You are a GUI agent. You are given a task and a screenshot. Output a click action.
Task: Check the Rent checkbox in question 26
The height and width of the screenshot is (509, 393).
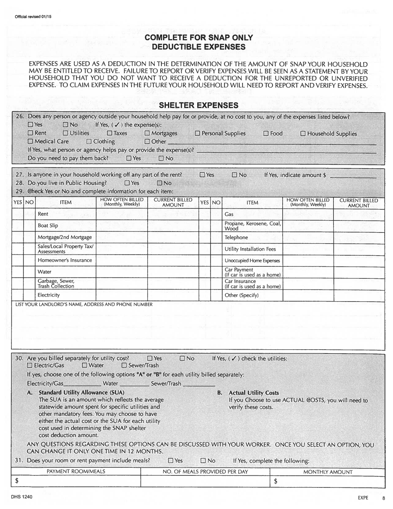(30, 133)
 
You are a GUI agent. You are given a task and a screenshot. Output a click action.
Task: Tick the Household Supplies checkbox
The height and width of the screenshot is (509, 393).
(303, 134)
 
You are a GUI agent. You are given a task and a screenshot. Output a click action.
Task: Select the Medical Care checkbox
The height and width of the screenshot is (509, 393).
(30, 142)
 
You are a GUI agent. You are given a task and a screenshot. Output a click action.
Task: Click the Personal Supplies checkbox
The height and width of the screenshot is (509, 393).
(197, 133)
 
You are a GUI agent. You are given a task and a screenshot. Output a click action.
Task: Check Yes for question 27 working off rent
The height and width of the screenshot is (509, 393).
(202, 175)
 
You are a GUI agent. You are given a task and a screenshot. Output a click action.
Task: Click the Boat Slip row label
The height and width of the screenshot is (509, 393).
(48, 226)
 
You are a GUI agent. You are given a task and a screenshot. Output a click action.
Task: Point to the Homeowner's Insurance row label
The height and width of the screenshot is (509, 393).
(65, 260)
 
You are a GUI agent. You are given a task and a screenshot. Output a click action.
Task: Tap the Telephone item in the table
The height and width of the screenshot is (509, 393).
(236, 238)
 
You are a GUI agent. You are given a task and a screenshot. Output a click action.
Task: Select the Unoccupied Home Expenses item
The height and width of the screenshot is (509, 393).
(252, 261)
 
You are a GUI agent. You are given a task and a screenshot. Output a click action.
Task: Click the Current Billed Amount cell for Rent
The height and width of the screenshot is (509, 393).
(173, 214)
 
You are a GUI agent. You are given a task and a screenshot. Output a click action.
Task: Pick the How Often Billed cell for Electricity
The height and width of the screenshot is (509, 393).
(122, 295)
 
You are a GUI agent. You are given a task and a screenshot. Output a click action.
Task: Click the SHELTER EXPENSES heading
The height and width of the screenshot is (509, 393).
(199, 105)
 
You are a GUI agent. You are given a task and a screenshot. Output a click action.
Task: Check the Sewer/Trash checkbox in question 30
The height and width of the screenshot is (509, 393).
(124, 365)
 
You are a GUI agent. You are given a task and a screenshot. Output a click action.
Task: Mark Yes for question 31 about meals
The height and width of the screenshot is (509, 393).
(170, 461)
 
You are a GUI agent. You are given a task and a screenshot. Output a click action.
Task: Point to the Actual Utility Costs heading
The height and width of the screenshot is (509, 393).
(254, 393)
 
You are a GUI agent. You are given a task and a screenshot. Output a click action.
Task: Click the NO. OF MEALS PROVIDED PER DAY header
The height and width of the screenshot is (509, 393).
(205, 472)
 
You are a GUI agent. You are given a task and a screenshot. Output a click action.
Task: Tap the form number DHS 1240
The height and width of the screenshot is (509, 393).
(23, 497)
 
